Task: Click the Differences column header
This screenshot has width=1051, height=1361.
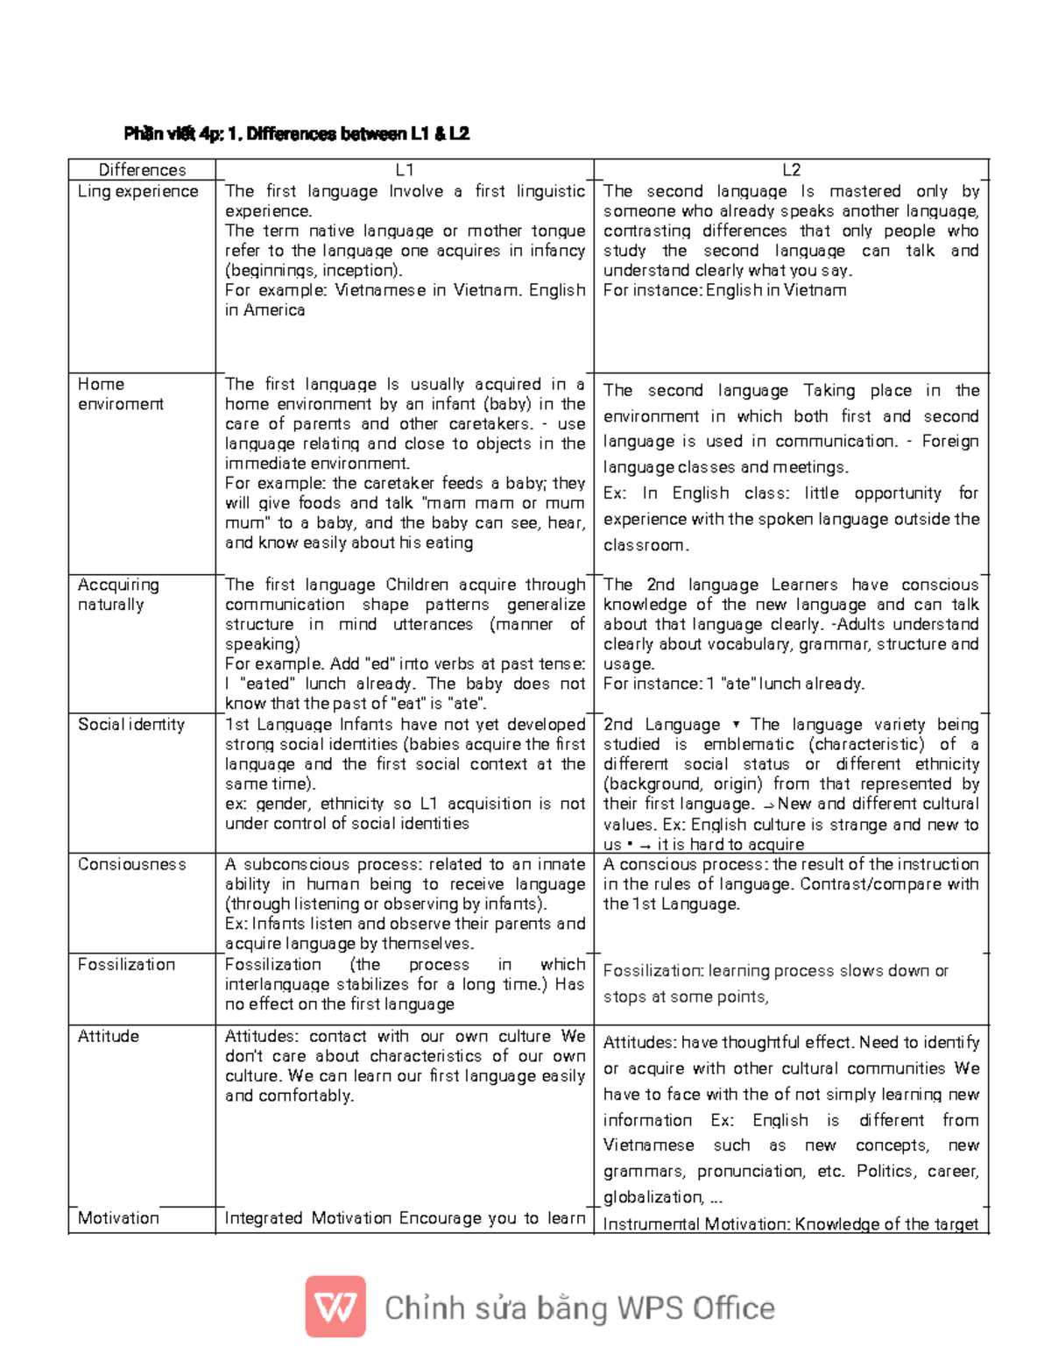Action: click(x=142, y=170)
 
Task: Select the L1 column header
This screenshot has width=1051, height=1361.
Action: click(x=404, y=170)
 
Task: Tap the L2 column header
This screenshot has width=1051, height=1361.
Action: click(x=791, y=170)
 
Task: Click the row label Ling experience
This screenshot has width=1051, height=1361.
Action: click(x=138, y=191)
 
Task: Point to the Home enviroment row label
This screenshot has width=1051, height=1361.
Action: click(x=120, y=394)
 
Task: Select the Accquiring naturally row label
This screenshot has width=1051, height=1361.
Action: click(x=118, y=594)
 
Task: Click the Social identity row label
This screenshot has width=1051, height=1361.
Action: click(x=131, y=725)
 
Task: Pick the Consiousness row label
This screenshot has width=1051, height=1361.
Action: click(x=131, y=864)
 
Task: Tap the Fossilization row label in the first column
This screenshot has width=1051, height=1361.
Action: click(x=126, y=964)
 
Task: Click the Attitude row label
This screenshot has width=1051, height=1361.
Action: click(x=108, y=1036)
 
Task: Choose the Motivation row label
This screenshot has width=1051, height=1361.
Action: click(x=118, y=1218)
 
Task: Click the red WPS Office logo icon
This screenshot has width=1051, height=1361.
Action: click(x=335, y=1307)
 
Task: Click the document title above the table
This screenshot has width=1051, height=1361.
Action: click(x=296, y=134)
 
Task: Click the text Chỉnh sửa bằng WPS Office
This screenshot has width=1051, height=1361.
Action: click(x=579, y=1308)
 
